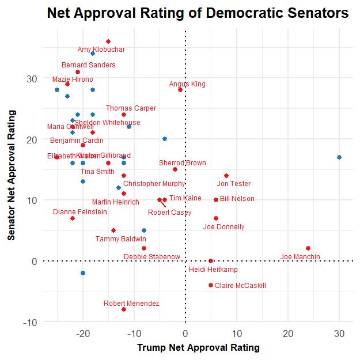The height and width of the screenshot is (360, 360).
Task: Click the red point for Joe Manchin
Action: coord(308,248)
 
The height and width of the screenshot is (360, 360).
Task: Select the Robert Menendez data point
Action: coord(124,309)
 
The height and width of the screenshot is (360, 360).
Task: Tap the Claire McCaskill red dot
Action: coord(211,285)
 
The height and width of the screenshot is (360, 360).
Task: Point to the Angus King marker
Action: coord(180,90)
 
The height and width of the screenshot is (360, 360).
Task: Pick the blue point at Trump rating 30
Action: coord(339,157)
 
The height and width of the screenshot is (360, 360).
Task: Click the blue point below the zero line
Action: coord(83,273)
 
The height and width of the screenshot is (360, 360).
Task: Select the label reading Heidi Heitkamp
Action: coord(213,270)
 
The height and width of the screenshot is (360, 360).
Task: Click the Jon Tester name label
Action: coord(234,184)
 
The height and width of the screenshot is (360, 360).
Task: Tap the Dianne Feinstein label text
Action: coord(80,212)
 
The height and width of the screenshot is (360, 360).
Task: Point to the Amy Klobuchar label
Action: coord(101,50)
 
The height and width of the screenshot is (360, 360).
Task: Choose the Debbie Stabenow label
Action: coord(152,257)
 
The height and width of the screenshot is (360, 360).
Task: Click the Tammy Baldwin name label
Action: coord(121,238)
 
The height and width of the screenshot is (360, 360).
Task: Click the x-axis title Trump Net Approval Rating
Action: coord(198,348)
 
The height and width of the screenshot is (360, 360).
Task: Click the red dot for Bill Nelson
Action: coord(216,200)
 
